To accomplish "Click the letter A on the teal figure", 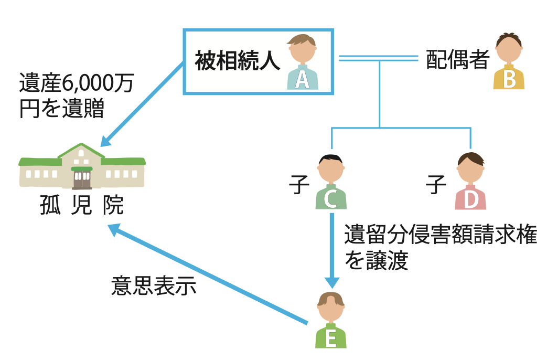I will coord(302,80).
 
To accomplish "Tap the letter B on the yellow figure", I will coord(509,80).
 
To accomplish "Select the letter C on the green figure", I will coord(330,200).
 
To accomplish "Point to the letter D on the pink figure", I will coord(470,200).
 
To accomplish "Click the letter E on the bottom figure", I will coord(330,339).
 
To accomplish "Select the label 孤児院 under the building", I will coord(81,206).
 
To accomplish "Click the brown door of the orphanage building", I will coord(81,179).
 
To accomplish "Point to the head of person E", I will coord(330,308).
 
